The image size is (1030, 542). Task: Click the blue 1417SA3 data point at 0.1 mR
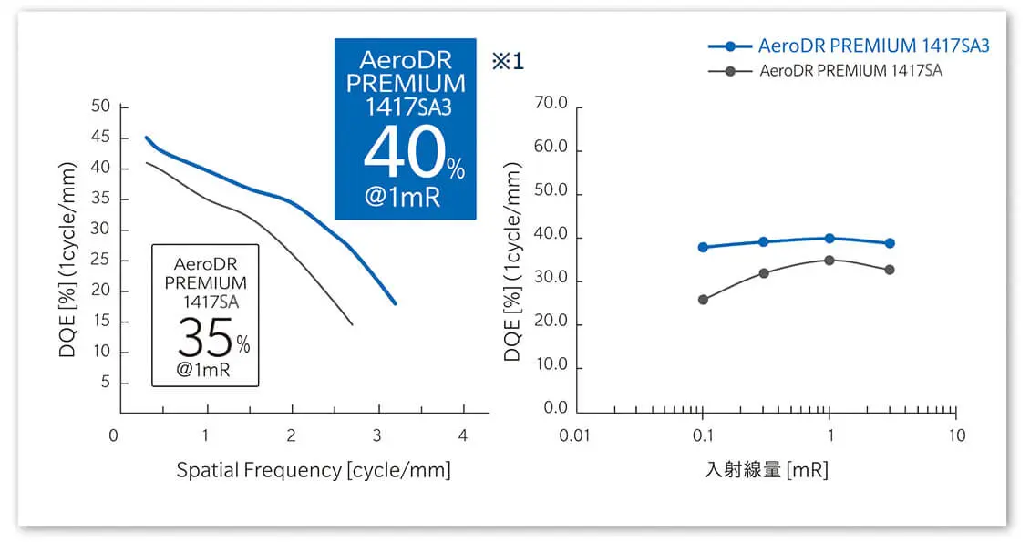pyautogui.click(x=703, y=247)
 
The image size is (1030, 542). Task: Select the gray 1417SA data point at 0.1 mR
pyautogui.click(x=703, y=300)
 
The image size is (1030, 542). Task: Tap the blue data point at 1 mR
pyautogui.click(x=829, y=239)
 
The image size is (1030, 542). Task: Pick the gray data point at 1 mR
pyautogui.click(x=829, y=261)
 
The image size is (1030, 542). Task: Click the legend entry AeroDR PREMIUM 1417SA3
pyautogui.click(x=873, y=46)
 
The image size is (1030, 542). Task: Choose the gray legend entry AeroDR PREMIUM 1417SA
pyautogui.click(x=850, y=71)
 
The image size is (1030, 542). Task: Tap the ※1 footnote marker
pyautogui.click(x=509, y=62)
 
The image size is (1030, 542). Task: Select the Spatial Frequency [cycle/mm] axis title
pyautogui.click(x=314, y=470)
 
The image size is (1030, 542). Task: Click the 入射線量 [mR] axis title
pyautogui.click(x=766, y=470)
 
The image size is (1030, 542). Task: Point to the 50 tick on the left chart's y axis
pyautogui.click(x=101, y=107)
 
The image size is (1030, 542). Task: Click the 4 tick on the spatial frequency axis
pyautogui.click(x=463, y=435)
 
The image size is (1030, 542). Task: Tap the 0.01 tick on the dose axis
pyautogui.click(x=576, y=435)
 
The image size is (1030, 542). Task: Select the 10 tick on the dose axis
pyautogui.click(x=956, y=435)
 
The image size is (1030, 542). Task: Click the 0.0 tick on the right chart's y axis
pyautogui.click(x=555, y=408)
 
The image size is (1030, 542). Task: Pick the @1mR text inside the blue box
pyautogui.click(x=402, y=199)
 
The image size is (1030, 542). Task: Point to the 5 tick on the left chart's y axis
pyautogui.click(x=106, y=383)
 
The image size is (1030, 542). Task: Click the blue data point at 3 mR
pyautogui.click(x=890, y=243)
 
